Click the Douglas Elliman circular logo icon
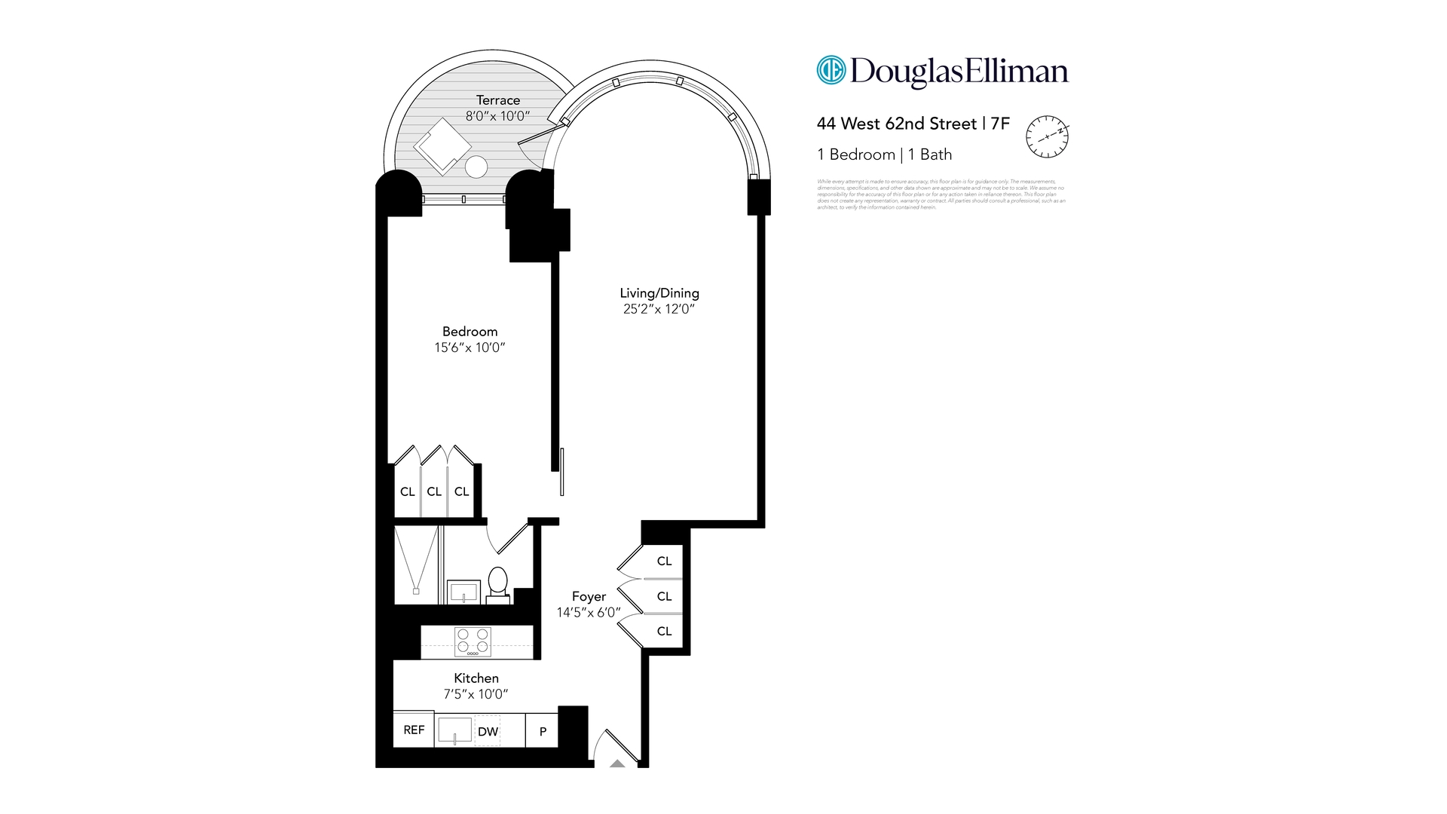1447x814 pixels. [831, 70]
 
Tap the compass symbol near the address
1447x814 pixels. [1047, 136]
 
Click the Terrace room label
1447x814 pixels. [497, 100]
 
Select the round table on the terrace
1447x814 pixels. [476, 167]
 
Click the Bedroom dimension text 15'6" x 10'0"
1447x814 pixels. [470, 347]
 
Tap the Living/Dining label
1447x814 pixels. [659, 293]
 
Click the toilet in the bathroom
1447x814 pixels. [497, 583]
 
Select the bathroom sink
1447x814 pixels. [463, 592]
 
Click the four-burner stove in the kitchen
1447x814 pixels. [473, 642]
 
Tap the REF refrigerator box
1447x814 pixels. [414, 730]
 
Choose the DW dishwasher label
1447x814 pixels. [488, 731]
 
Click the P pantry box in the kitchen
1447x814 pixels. [543, 731]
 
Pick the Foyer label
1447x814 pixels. [589, 596]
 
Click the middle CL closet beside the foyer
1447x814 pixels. [663, 596]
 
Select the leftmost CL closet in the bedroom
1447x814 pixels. [407, 491]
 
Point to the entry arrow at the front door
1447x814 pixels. [617, 764]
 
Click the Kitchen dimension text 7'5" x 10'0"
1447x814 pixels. [476, 694]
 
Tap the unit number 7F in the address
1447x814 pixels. [999, 124]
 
